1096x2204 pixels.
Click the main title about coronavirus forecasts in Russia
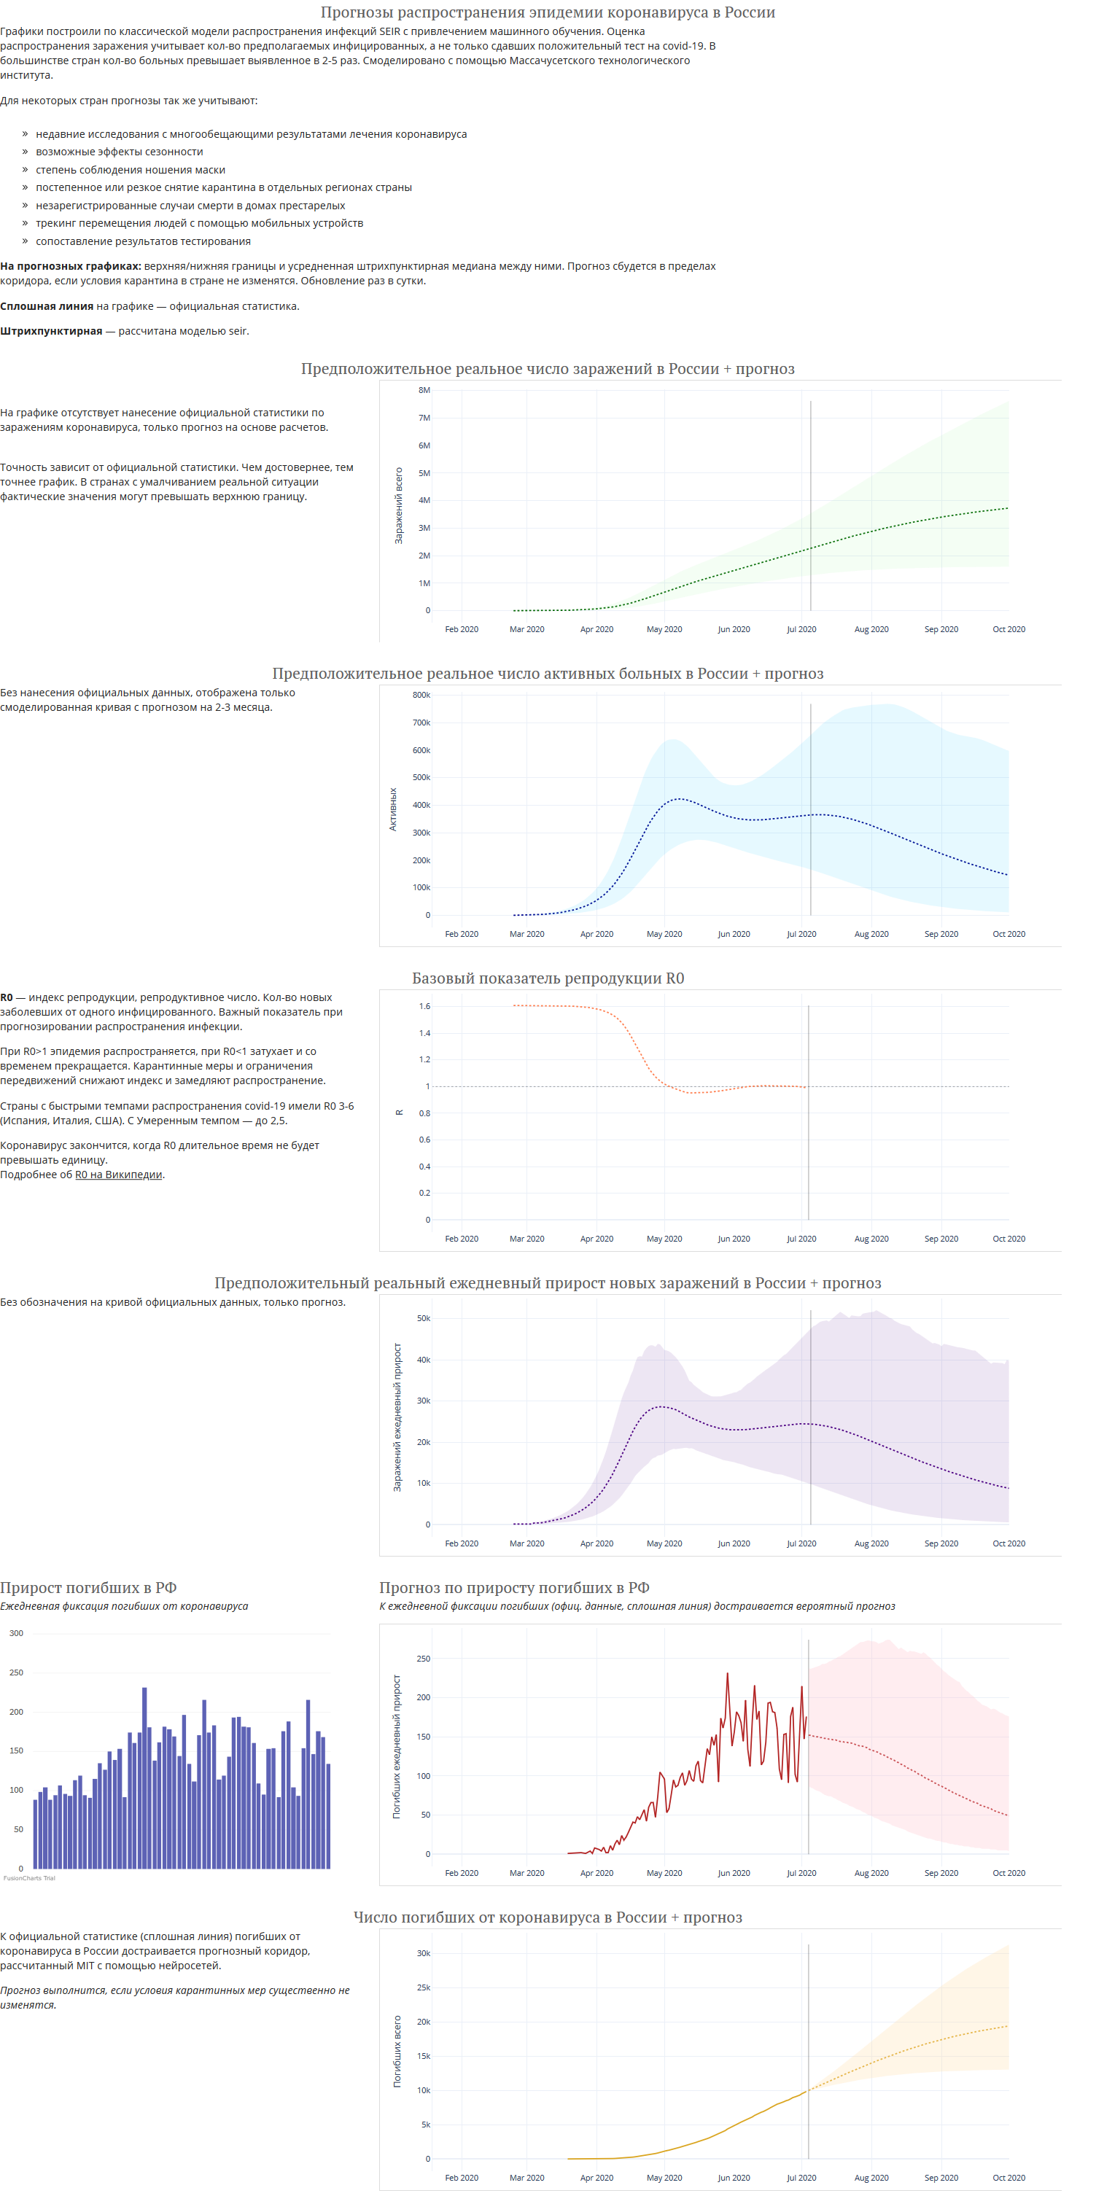[x=548, y=12]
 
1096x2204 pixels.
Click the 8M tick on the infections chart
[x=424, y=390]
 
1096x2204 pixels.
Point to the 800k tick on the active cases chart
[x=421, y=695]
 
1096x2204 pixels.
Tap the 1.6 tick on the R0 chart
[x=424, y=1006]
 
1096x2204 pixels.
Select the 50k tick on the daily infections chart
[x=424, y=1318]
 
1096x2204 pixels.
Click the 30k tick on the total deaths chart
[x=424, y=1953]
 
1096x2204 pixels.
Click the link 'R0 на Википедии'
[x=119, y=1175]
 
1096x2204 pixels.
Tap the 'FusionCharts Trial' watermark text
[x=29, y=1878]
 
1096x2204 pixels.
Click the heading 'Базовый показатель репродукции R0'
[x=548, y=978]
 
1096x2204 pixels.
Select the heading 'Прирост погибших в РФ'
[x=88, y=1588]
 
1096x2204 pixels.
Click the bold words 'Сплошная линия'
[x=47, y=306]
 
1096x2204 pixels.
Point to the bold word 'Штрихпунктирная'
[x=51, y=331]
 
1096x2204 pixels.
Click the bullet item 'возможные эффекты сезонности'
[x=120, y=152]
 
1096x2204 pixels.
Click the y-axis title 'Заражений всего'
[x=399, y=506]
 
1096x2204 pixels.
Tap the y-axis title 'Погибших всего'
[x=397, y=2052]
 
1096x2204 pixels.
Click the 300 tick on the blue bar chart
[x=16, y=1633]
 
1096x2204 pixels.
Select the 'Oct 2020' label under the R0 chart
[x=1008, y=1239]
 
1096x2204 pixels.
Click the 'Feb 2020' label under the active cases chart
[x=462, y=934]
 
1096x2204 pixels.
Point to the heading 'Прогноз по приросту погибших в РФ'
[x=514, y=1588]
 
